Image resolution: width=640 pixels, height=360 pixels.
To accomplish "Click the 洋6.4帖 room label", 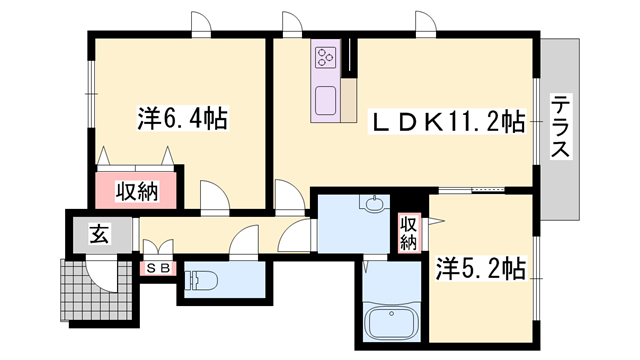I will (x=181, y=120).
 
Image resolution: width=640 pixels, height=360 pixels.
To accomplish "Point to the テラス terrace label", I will (x=560, y=126).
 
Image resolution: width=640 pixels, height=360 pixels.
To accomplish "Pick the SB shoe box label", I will (x=159, y=268).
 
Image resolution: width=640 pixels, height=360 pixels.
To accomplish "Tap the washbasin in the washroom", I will (x=374, y=206).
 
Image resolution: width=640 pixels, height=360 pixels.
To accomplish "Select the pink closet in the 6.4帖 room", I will (x=137, y=190).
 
